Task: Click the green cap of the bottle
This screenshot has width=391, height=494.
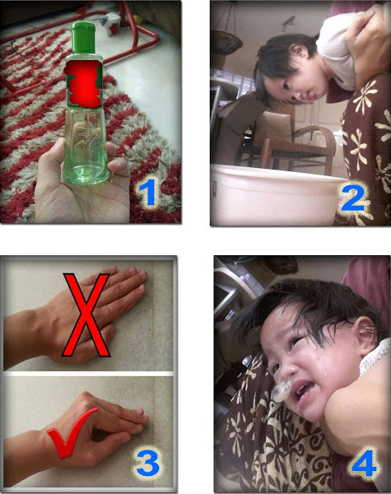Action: (83, 37)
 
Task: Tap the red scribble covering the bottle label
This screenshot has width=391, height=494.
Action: (83, 83)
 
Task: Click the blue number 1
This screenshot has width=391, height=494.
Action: (147, 192)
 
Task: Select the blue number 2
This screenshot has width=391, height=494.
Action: (354, 198)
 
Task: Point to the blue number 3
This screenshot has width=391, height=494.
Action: (148, 463)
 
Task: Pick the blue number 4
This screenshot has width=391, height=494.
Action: (363, 463)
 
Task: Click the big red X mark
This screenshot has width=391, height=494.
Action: (86, 315)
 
